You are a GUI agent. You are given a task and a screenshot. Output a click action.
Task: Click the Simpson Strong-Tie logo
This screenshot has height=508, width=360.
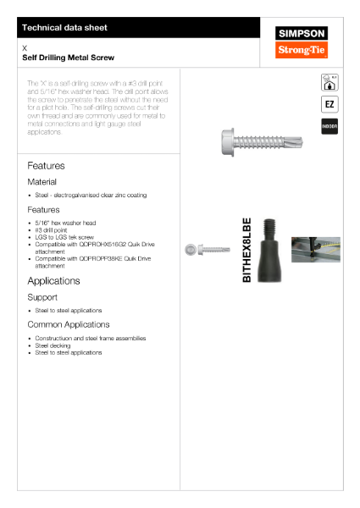302,42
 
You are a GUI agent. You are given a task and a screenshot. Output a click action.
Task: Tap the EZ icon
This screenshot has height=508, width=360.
330,104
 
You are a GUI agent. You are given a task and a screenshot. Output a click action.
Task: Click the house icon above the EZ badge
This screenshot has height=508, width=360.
330,82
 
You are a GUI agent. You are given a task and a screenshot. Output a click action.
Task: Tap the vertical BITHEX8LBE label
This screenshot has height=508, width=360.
247,251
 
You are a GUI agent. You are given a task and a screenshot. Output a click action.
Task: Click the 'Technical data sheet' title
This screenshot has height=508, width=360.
65,28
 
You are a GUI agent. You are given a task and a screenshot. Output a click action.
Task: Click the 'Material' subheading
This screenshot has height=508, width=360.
42,181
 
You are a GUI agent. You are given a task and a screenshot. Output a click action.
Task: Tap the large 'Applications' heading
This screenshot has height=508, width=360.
53,280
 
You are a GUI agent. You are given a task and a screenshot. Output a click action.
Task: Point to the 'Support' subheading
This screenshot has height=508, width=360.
42,297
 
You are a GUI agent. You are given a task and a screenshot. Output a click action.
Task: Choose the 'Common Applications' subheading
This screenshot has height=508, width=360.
69,324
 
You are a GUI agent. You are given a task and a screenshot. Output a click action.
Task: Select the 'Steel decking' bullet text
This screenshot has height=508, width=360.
53,345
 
